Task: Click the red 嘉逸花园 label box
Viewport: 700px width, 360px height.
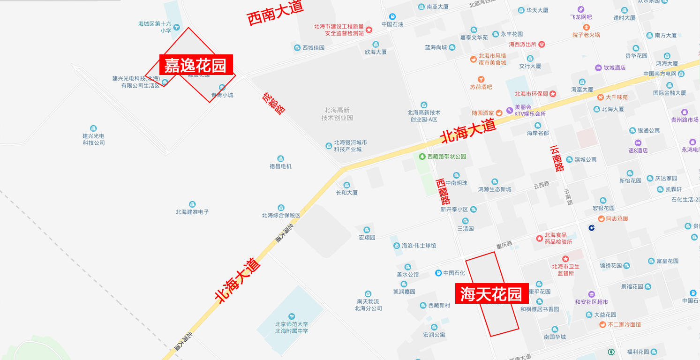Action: (196, 65)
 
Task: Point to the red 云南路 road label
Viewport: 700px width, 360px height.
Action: (557, 158)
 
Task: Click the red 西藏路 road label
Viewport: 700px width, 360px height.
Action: (443, 191)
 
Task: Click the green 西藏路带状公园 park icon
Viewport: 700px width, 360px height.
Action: (422, 157)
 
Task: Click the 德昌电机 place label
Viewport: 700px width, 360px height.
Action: (280, 166)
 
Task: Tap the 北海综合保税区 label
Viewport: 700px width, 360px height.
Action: (281, 215)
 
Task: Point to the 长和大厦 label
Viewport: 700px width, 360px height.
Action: (347, 192)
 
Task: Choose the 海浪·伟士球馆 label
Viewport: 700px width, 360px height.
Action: (419, 246)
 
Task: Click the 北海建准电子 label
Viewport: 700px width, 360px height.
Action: (192, 211)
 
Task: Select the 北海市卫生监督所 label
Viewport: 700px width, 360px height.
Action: (566, 270)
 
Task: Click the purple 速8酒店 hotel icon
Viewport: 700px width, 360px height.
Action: (638, 143)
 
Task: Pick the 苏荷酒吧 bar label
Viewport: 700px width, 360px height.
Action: (481, 87)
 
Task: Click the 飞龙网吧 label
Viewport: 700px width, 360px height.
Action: (581, 17)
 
